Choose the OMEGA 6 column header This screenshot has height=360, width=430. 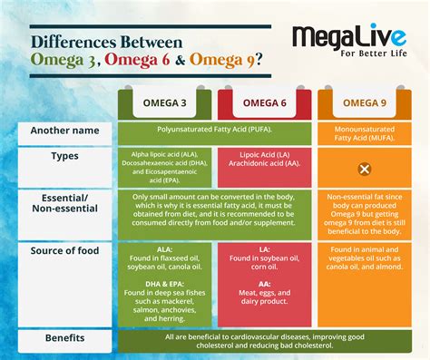tap(266, 102)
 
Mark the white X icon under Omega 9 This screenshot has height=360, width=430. tap(364, 170)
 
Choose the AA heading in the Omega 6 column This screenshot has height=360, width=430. tap(265, 282)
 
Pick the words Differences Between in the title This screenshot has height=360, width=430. tap(107, 42)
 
